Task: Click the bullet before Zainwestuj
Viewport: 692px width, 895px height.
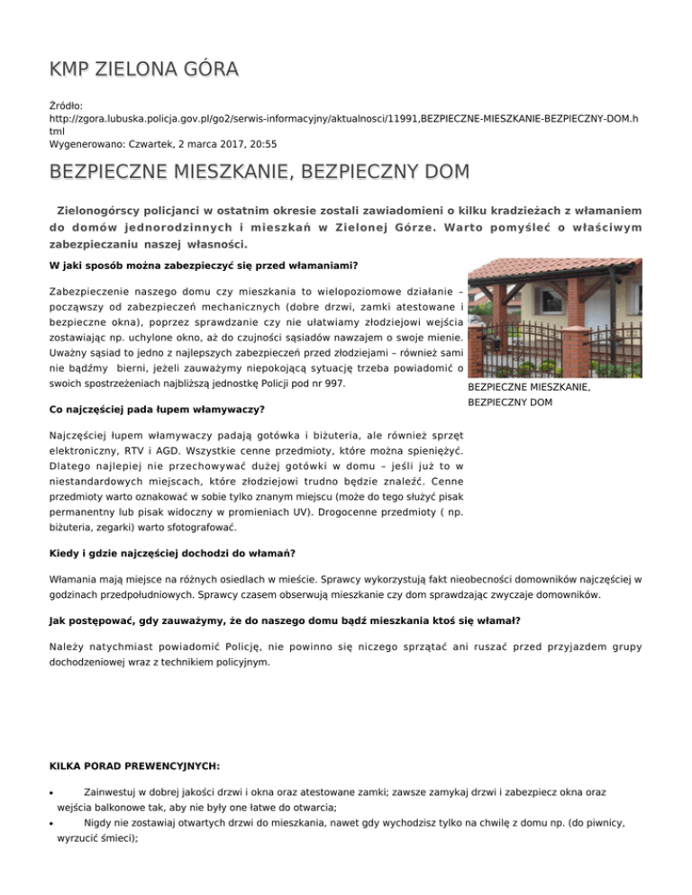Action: point(50,792)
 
